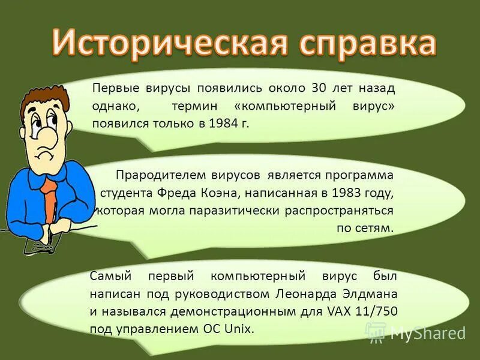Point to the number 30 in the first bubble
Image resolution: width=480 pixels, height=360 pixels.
coord(318,88)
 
